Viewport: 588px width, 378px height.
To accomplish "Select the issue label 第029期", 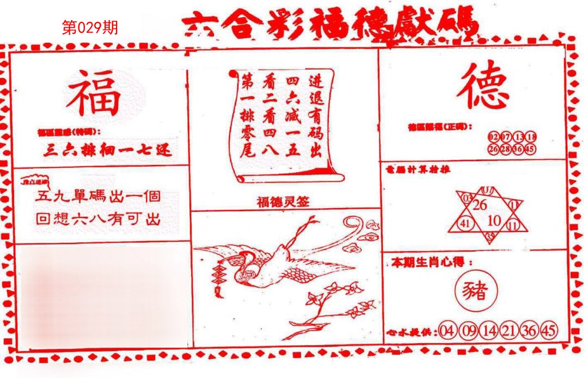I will coord(90,28).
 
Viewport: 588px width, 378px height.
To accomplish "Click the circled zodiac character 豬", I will coord(475,291).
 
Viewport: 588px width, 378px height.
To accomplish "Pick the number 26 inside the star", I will coord(480,205).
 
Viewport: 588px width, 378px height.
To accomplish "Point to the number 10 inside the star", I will coord(494,220).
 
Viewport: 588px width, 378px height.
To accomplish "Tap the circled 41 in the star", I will coord(464,223).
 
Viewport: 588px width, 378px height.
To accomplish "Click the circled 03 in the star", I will coord(467,198).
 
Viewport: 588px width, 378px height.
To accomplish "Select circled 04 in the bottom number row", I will coord(448,331).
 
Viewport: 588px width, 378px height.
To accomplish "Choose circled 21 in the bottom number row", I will coord(508,331).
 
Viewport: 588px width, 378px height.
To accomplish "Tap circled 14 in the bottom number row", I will coord(488,331).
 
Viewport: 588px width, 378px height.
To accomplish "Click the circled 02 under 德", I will coord(494,136).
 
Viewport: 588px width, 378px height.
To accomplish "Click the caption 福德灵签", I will coord(283,202).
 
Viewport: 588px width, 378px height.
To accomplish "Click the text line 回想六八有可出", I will coord(98,220).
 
